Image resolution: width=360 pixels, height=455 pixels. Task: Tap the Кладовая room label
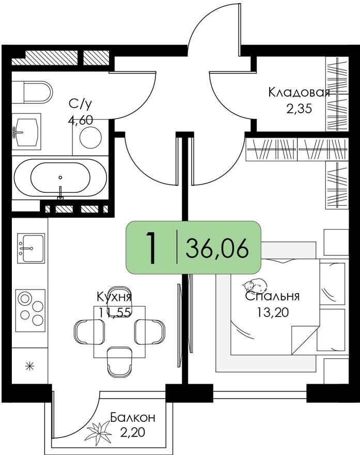(299, 93)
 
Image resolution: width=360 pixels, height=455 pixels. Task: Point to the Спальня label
(272, 297)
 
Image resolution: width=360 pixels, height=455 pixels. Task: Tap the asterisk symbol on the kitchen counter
(30, 367)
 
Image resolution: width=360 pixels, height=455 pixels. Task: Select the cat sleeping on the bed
(255, 285)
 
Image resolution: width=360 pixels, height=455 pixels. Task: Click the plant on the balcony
(99, 432)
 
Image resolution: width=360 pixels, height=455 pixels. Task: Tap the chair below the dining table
(119, 360)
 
